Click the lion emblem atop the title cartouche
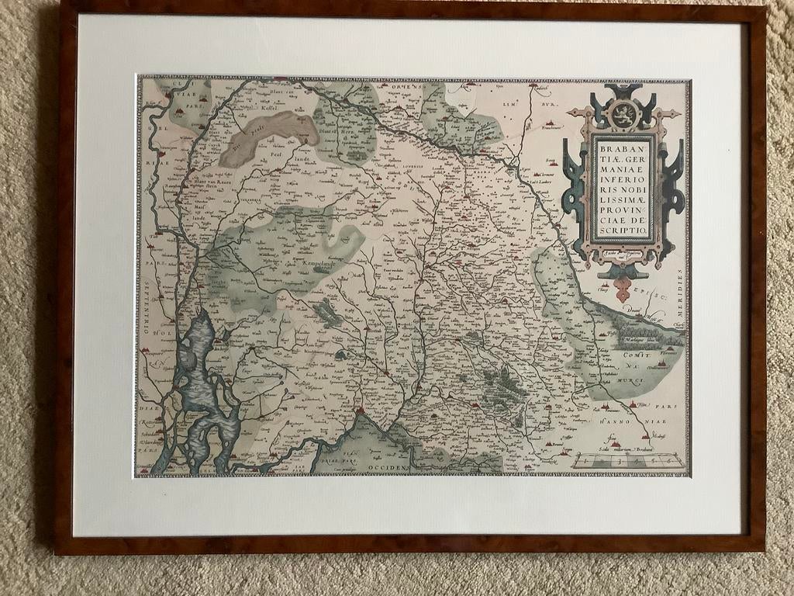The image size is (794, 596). click(624, 115)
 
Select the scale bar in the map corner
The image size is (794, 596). click(628, 460)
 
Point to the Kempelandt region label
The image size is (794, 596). click(322, 265)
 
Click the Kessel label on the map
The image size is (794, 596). click(268, 113)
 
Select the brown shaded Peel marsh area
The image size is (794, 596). click(268, 136)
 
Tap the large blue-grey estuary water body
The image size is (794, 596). click(200, 388)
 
